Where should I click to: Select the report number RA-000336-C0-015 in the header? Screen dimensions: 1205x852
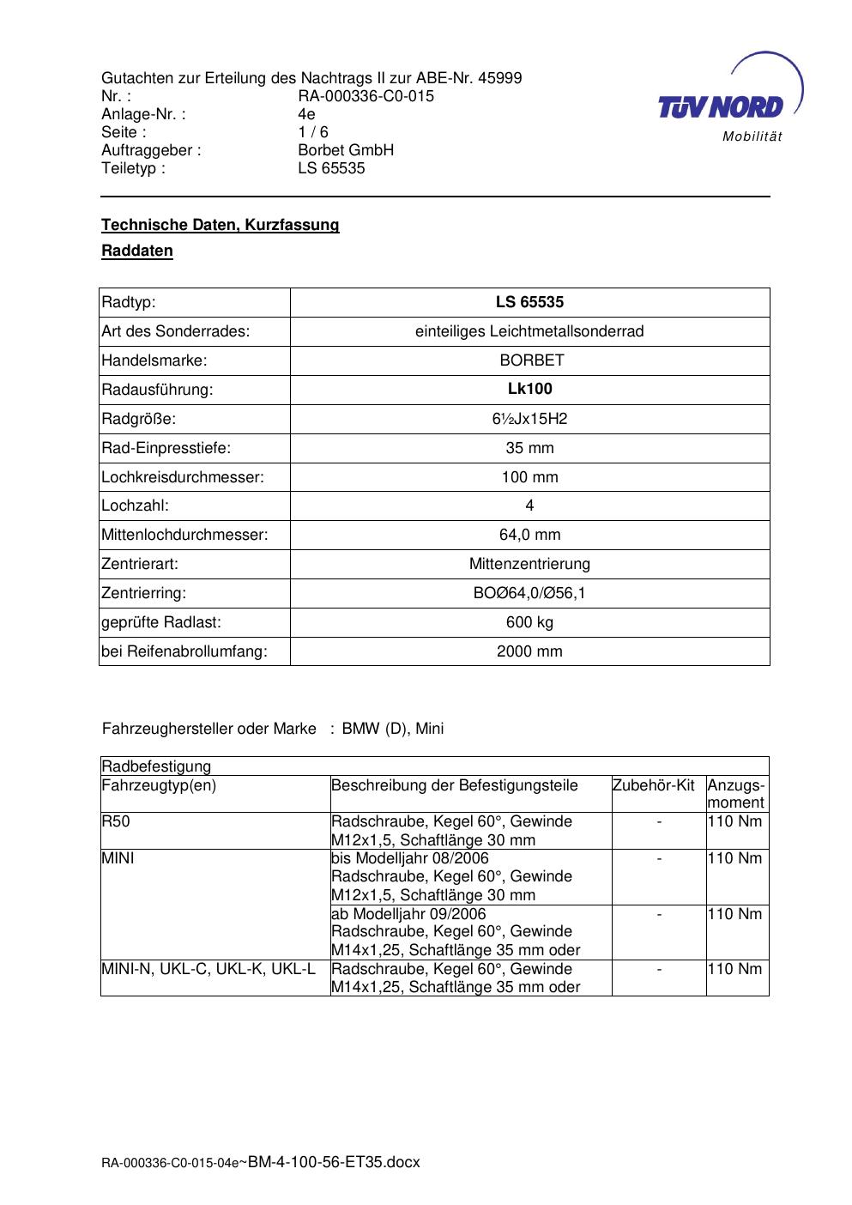click(x=366, y=96)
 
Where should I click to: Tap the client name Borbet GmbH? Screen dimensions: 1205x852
click(x=346, y=150)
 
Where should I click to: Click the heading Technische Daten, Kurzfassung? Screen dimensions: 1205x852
click(x=221, y=225)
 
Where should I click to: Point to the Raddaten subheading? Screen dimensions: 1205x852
click(x=137, y=251)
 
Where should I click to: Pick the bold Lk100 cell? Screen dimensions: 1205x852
click(x=529, y=389)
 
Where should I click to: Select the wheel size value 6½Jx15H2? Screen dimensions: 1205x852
click(x=529, y=419)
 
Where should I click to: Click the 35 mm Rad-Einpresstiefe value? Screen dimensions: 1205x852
click(x=529, y=448)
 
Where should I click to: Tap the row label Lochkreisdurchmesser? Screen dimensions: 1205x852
click(x=183, y=477)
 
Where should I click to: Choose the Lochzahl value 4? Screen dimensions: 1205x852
click(x=529, y=506)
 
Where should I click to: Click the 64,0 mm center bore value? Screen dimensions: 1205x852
click(x=529, y=535)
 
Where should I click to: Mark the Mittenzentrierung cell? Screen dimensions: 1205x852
click(x=529, y=564)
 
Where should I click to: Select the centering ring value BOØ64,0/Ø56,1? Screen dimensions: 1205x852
click(x=529, y=593)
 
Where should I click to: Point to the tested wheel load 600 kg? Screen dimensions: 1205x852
click(x=529, y=622)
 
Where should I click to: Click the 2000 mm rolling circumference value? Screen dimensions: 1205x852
click(x=529, y=651)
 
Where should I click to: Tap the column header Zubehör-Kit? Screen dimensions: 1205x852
click(x=653, y=785)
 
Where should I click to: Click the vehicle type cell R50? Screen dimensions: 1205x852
click(x=116, y=821)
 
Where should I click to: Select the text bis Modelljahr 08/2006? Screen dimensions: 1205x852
click(x=409, y=858)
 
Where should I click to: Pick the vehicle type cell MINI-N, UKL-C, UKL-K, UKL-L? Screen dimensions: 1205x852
click(x=208, y=969)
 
